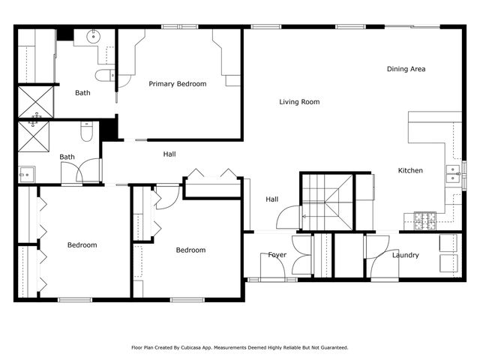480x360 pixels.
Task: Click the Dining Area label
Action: point(406,69)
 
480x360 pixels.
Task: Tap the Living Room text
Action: point(299,102)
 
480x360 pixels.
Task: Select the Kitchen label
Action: point(410,170)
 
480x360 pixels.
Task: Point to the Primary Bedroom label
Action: point(177,84)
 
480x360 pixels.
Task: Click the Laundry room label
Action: point(405,256)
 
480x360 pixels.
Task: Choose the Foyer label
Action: point(277,255)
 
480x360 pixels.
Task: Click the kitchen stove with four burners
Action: point(425,220)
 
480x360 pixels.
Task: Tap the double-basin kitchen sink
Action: point(453,174)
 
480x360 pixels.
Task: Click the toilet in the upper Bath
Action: point(104,74)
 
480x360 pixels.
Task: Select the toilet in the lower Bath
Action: point(86,133)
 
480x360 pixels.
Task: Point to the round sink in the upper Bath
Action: point(95,35)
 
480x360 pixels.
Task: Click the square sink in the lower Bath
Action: point(26,174)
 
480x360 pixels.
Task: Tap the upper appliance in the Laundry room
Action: point(448,243)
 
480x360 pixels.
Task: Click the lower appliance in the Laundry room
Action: point(448,263)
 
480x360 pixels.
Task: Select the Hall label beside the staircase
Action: point(271,199)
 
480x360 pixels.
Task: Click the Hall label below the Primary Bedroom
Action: point(169,154)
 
